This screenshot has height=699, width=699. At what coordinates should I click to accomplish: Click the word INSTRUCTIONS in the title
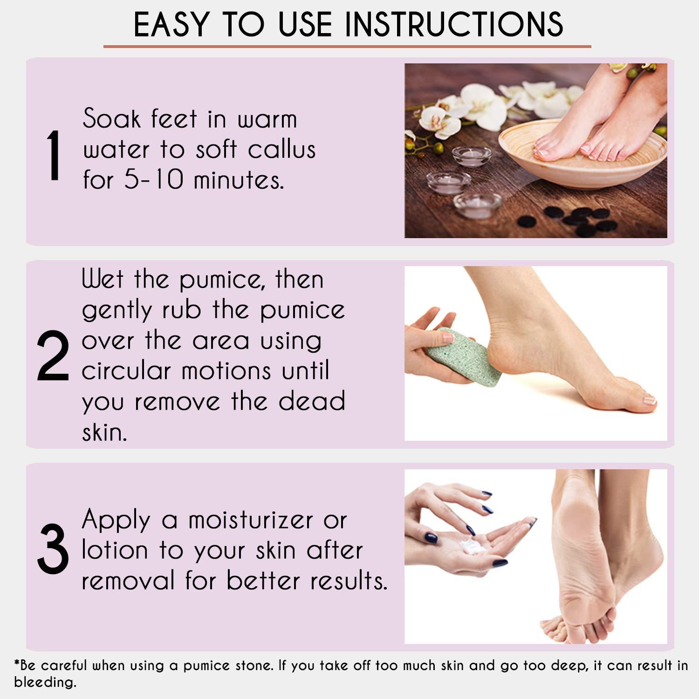pos(454,24)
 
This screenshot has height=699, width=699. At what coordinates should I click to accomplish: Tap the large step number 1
pos(54,155)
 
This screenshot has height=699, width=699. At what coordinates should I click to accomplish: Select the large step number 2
pos(53,356)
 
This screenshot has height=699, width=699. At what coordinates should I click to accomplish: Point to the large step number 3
pos(53,549)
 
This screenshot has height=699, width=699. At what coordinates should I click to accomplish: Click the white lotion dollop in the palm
pos(473,546)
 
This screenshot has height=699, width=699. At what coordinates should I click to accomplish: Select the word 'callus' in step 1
pos(281,150)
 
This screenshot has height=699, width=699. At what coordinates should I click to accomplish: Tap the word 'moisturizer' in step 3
pos(250,520)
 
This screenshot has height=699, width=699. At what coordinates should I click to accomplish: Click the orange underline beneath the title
pos(347,47)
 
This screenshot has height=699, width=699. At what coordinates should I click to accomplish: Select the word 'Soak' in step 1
pos(111,119)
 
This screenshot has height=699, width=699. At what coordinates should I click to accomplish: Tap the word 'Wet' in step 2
pos(103,280)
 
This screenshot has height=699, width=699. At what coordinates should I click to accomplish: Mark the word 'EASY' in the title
pos(171,24)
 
